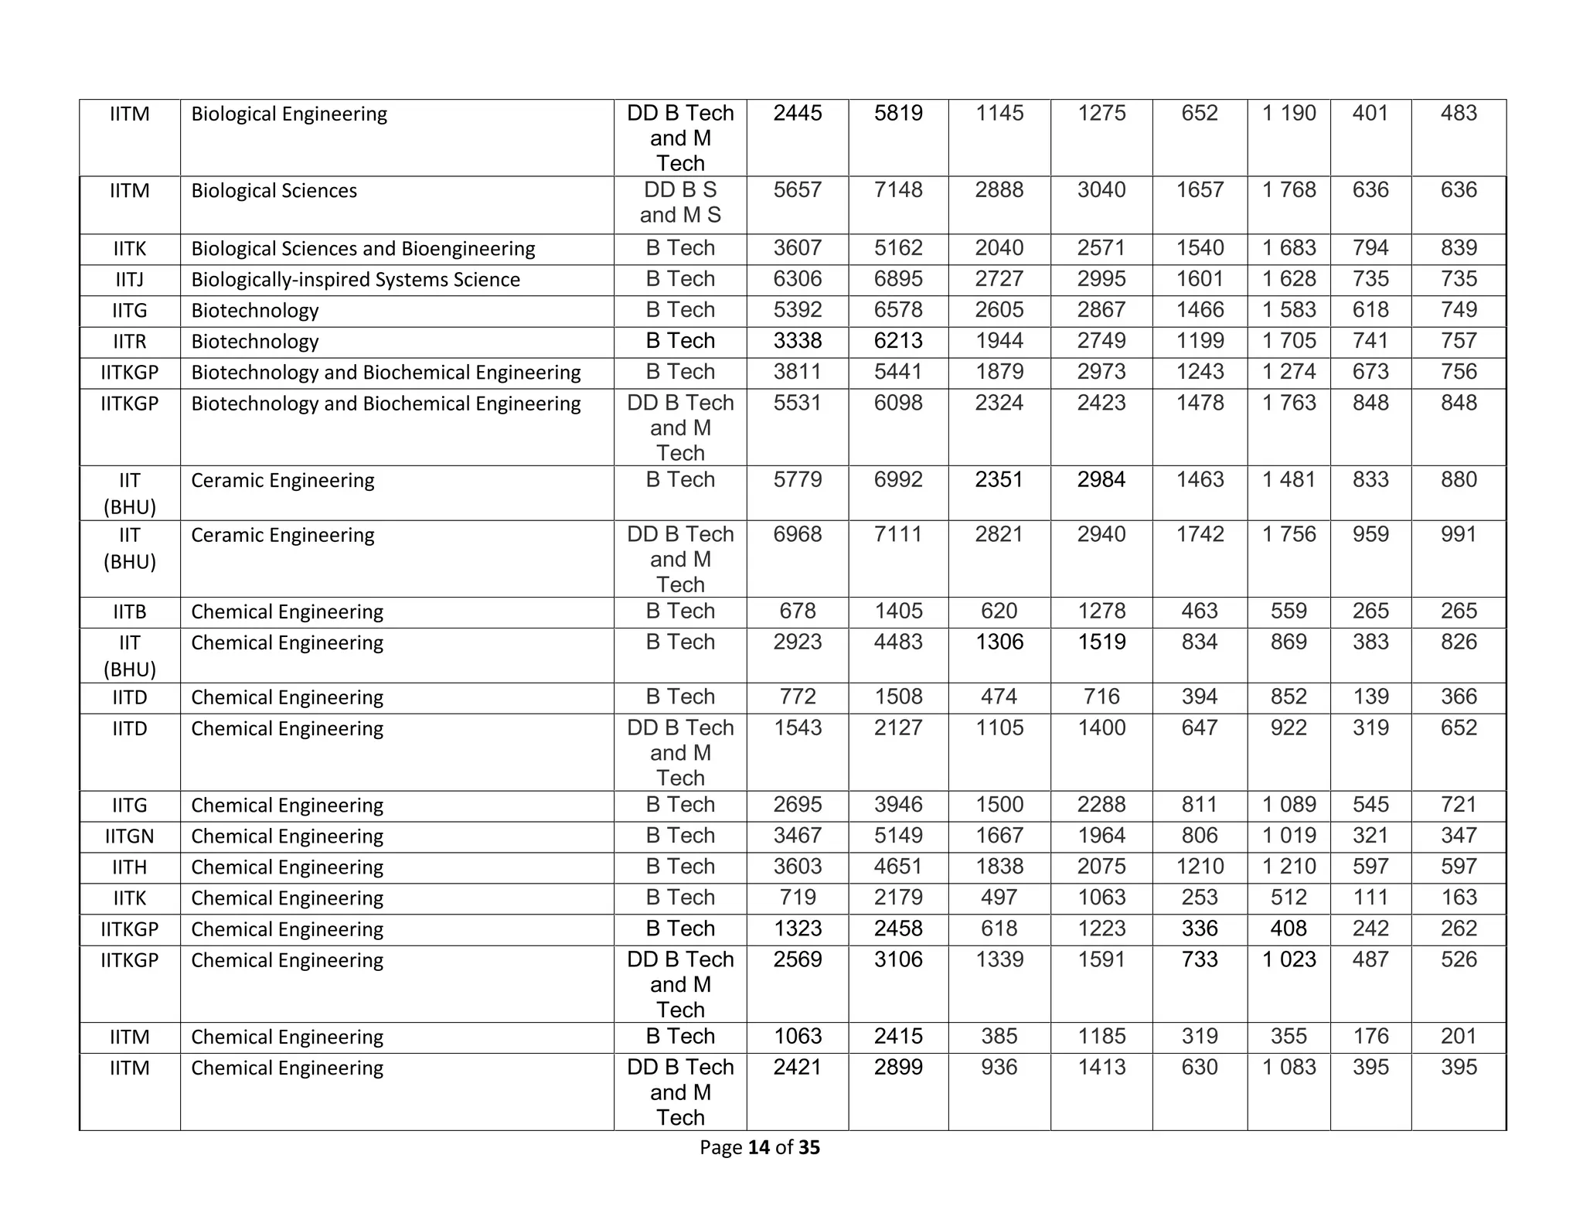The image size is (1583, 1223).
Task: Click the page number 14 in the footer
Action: coord(759,1147)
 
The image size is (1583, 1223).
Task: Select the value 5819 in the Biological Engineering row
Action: coord(898,113)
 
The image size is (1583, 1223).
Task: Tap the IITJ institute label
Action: coord(129,279)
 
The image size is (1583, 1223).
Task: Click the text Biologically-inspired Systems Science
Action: coord(356,279)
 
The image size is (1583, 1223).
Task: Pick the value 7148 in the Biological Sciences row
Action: coord(898,189)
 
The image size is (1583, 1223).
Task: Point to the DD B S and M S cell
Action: coord(680,202)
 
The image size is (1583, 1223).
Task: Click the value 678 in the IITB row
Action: coord(798,611)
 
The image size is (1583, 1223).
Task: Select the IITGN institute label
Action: coord(129,836)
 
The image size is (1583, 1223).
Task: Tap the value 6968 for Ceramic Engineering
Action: coord(798,534)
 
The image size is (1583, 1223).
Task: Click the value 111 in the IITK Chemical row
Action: coord(1370,897)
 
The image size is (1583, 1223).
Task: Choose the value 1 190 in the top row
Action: coord(1289,113)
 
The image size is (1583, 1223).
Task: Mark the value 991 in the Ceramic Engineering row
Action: coord(1459,534)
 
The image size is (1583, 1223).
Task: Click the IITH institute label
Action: coord(129,867)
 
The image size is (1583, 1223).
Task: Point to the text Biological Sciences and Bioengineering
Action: coord(363,248)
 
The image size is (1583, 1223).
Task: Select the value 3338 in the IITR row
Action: coord(798,340)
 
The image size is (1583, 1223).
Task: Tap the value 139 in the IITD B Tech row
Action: coord(1370,697)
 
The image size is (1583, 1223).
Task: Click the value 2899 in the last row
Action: coord(898,1067)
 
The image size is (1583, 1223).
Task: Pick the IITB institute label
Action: coord(129,611)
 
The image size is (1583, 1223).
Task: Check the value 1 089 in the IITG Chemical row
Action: coord(1289,804)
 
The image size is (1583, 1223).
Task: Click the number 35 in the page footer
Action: coord(809,1147)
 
